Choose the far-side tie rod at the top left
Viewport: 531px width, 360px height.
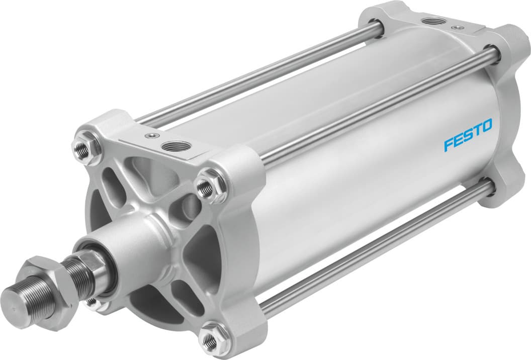(x=251, y=75)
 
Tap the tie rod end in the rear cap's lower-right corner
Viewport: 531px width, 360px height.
(x=488, y=188)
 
